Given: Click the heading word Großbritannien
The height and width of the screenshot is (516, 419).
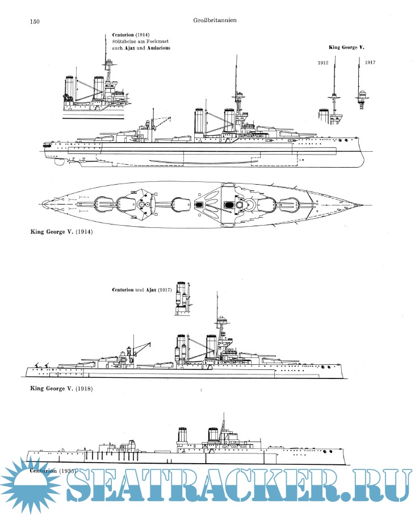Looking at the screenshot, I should click(214, 20).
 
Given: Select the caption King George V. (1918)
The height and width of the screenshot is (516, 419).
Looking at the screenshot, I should click(61, 389).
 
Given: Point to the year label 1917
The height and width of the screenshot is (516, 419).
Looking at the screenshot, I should click(371, 62).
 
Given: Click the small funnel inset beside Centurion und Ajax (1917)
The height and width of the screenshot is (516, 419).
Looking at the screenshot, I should click(182, 299).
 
